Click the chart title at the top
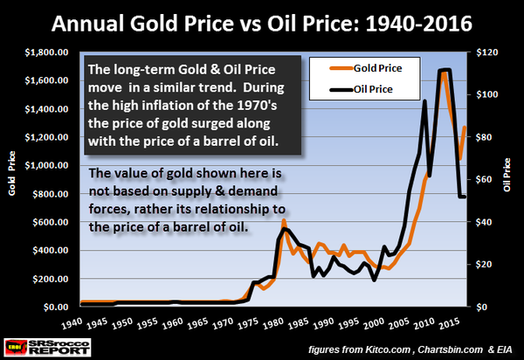point(261,19)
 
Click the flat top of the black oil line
point(445,70)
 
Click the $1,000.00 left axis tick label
point(52,165)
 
